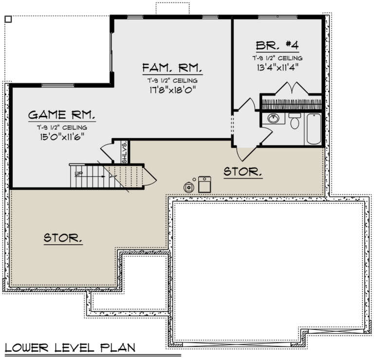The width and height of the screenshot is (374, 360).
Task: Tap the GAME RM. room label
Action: point(61,115)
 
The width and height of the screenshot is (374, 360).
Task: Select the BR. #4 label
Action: point(277,45)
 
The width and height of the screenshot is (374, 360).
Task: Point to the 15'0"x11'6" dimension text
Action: point(61,137)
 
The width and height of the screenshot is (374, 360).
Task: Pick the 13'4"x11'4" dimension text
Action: point(277,67)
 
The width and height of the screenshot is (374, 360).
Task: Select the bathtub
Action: point(314,128)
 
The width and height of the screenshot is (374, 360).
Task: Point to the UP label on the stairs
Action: point(78,173)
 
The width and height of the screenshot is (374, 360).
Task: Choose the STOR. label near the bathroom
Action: point(243,172)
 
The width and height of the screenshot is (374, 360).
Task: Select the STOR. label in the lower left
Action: point(62,238)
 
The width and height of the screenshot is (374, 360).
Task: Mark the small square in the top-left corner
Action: point(7,19)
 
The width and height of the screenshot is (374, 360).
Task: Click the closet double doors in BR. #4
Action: point(291,89)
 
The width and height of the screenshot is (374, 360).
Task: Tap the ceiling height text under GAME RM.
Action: point(61,127)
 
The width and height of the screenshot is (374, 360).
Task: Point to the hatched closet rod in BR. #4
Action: point(292,104)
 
